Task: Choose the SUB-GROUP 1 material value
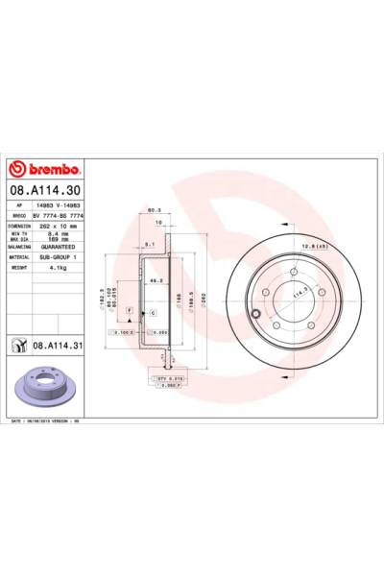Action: click(61, 257)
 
